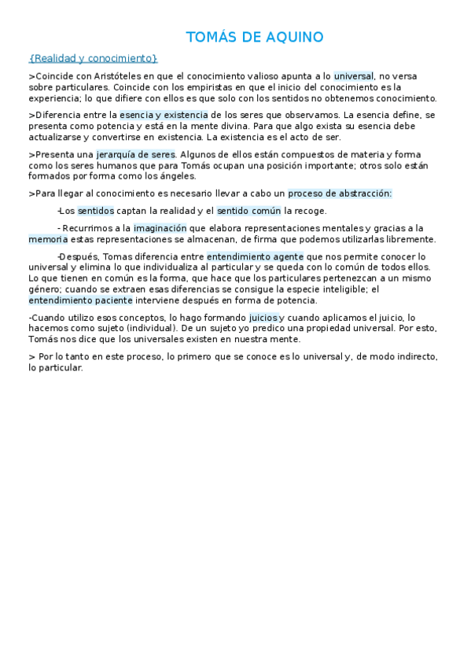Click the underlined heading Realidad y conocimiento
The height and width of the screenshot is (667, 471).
point(93,58)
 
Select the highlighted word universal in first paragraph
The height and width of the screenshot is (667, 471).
point(354,76)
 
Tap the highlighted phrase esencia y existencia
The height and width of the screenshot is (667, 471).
point(164,115)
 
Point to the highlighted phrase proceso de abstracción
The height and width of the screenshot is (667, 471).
point(340,193)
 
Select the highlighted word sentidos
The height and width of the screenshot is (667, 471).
point(96,211)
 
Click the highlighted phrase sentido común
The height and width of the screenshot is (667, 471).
point(248,211)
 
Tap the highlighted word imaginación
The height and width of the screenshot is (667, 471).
point(160,228)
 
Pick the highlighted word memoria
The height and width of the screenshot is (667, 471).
point(48,239)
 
